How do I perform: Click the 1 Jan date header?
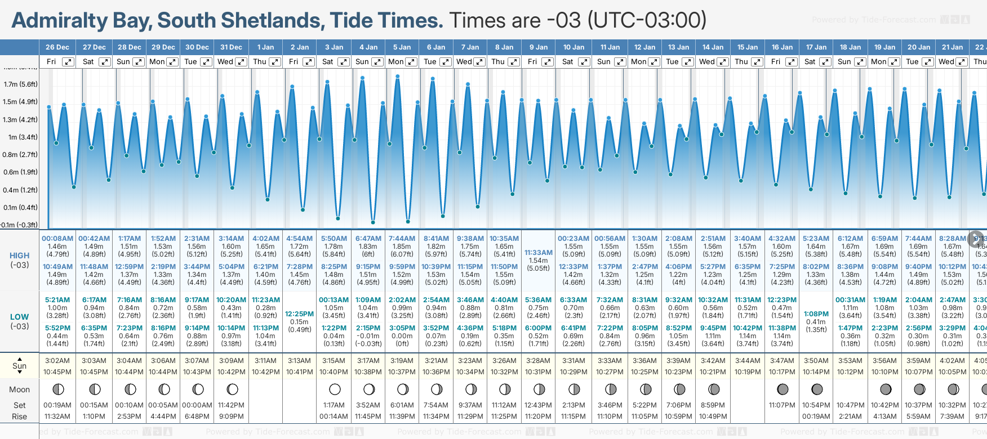click(265, 47)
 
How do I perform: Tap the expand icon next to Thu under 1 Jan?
click(275, 62)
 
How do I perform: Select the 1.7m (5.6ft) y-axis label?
click(21, 84)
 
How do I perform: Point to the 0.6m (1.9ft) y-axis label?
click(21, 172)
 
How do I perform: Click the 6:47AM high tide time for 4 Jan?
click(368, 239)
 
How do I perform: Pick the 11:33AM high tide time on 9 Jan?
click(539, 253)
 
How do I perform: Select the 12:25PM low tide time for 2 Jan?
click(299, 314)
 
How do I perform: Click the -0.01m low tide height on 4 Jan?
click(368, 336)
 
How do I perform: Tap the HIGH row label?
click(19, 256)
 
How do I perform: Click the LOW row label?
click(19, 317)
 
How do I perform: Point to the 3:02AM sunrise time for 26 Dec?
click(57, 361)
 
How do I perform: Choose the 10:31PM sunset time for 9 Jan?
click(539, 372)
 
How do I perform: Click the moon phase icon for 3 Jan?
click(335, 389)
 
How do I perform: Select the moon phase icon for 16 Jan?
click(783, 389)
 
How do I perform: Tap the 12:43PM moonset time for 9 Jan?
click(539, 405)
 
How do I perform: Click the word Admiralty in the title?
click(60, 21)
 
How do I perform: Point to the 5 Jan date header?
click(402, 47)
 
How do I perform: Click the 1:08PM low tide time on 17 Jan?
click(816, 314)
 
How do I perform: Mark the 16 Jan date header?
click(783, 47)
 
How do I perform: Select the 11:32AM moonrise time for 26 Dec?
click(57, 416)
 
